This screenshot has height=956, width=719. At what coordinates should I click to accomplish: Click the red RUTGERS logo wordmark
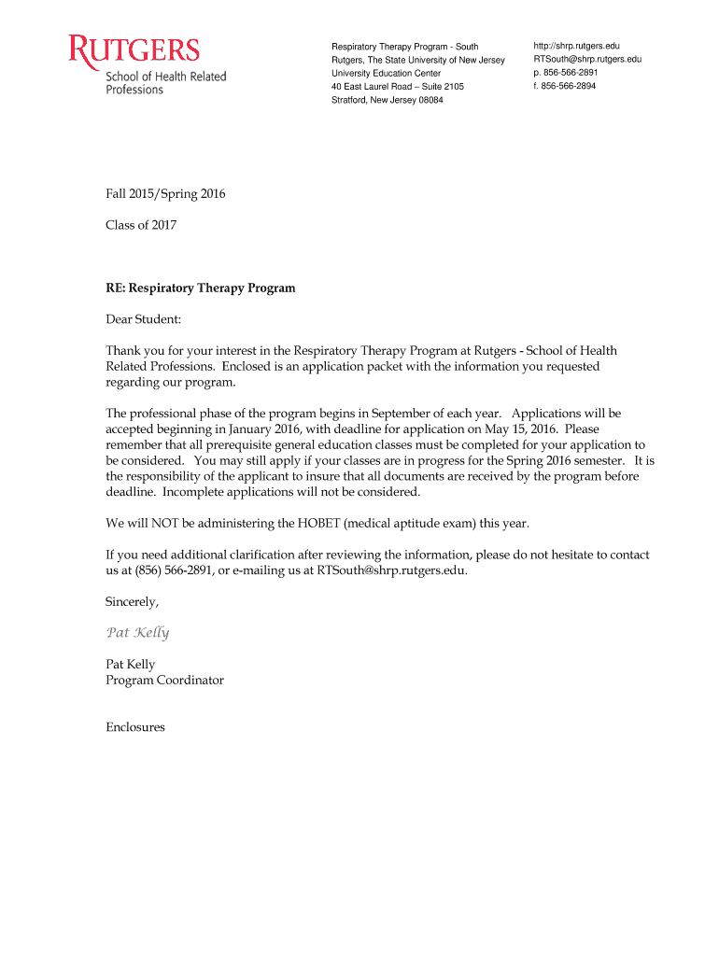[x=134, y=49]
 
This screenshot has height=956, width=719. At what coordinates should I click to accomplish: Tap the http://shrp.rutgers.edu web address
[x=576, y=46]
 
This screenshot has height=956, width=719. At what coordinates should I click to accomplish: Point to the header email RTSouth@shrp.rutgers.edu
[x=587, y=60]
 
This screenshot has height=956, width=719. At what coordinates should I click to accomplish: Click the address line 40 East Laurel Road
[x=398, y=87]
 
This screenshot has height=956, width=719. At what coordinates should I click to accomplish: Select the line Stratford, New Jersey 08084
[x=388, y=100]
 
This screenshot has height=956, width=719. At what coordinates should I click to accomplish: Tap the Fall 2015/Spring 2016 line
[x=165, y=194]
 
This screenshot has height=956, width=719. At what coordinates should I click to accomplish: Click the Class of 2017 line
[x=141, y=225]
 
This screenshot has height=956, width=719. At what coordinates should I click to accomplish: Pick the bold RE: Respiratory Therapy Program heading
[x=201, y=288]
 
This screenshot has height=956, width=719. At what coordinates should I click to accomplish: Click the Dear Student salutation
[x=144, y=319]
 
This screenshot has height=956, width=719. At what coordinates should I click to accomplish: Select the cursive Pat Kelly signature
[x=137, y=633]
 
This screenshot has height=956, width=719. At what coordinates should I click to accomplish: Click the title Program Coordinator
[x=164, y=681]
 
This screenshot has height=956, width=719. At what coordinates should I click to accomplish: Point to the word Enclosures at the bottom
[x=135, y=726]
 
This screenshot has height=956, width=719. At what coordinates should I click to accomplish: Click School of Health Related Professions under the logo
[x=165, y=82]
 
